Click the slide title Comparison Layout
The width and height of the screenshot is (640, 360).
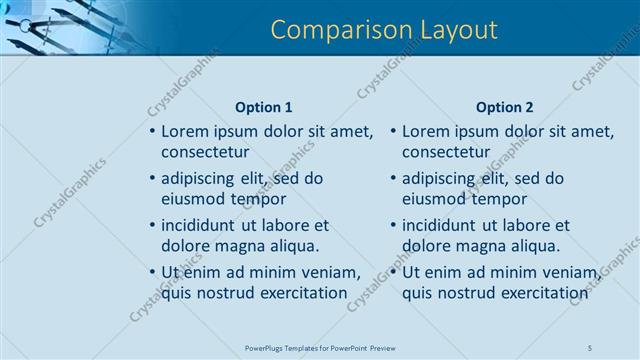tap(385, 30)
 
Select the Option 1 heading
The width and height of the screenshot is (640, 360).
tap(264, 107)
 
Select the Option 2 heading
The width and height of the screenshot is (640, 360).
tap(505, 107)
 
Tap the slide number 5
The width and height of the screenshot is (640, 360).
tap(590, 347)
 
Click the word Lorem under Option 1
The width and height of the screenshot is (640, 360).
tap(186, 131)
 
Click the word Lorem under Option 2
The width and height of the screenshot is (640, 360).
tap(427, 131)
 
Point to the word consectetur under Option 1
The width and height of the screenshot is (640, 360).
tap(205, 152)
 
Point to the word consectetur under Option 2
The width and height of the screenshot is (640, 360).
tap(446, 152)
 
